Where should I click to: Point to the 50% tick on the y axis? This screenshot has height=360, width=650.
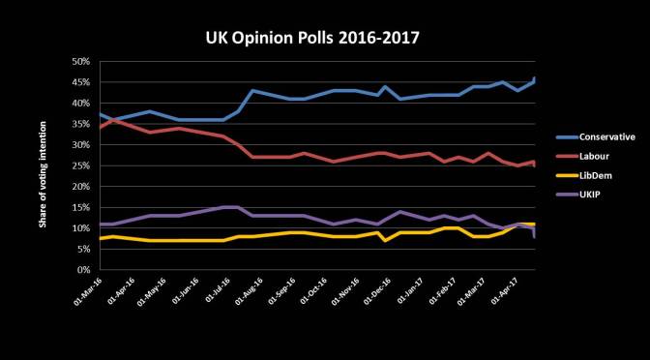79,61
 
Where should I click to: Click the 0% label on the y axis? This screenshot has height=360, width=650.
82,270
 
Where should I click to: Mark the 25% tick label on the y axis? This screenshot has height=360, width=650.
79,165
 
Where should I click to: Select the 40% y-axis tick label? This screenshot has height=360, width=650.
79,103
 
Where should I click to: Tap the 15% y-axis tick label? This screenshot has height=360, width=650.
79,207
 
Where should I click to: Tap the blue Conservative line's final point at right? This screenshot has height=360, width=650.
535,78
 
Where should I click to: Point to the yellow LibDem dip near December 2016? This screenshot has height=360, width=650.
386,240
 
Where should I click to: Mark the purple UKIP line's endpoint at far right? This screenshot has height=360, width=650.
535,236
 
